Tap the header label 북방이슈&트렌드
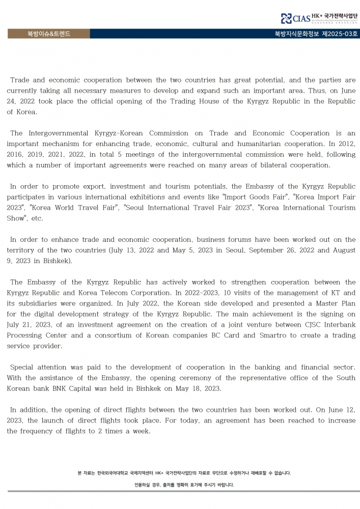[49, 34]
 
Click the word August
[341, 250]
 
